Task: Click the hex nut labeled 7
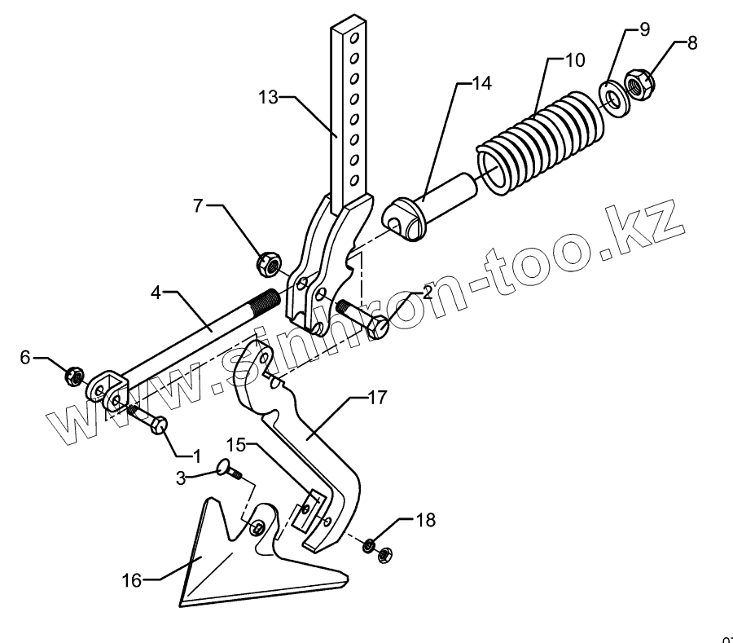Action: coord(269,263)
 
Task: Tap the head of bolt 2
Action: coord(377,328)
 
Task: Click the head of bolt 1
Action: coord(160,425)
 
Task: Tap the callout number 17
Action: coord(376,398)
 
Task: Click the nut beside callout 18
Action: coord(384,554)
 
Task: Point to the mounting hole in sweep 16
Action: coord(258,529)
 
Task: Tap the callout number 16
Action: coord(132,580)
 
